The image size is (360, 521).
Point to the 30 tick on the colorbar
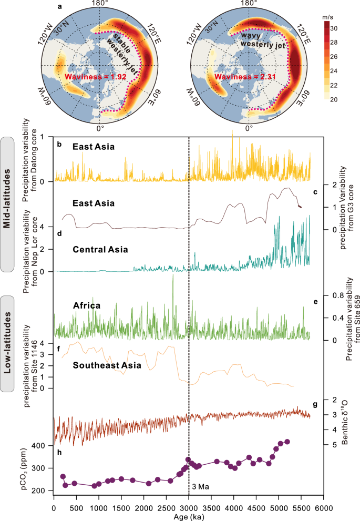(349, 27)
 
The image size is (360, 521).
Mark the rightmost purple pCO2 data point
(287, 442)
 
